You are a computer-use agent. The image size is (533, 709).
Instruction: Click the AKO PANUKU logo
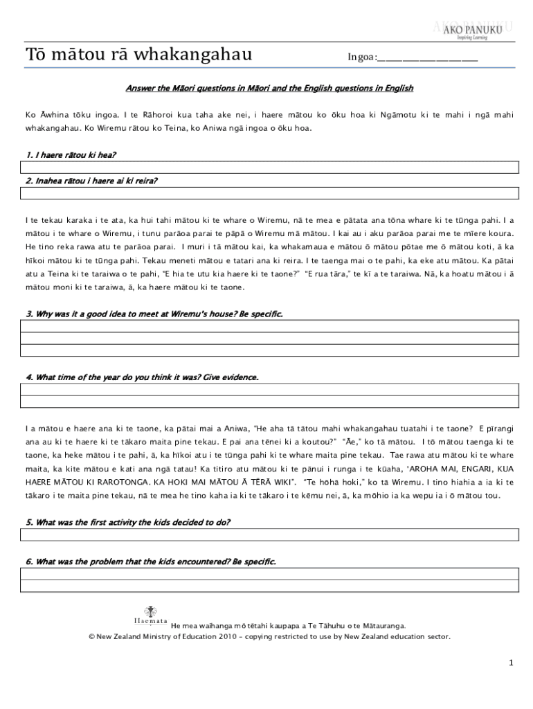[472, 30]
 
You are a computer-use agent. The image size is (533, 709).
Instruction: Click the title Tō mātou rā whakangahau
[139, 55]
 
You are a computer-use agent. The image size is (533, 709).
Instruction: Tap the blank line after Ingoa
[428, 58]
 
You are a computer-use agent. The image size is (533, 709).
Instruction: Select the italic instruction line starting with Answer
[269, 88]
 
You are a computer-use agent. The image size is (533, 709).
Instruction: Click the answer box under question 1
[269, 167]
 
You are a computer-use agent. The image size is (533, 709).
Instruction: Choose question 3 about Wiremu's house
[154, 314]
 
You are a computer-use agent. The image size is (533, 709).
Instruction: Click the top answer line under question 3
[269, 326]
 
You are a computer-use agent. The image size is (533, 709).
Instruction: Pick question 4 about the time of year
[142, 377]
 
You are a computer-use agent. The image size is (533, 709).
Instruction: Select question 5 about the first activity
[128, 522]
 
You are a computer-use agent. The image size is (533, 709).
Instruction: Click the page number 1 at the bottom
[511, 663]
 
